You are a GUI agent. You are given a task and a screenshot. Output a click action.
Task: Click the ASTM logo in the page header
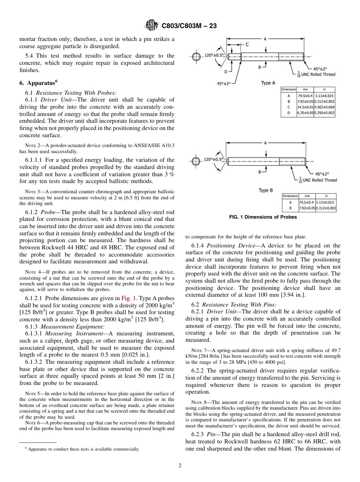152,26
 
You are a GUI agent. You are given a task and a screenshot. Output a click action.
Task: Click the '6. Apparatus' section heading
36,83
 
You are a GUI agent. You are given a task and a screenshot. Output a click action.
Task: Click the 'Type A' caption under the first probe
268,83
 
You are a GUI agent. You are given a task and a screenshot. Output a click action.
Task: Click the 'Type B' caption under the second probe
266,190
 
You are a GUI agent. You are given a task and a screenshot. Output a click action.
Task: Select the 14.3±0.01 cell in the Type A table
305,107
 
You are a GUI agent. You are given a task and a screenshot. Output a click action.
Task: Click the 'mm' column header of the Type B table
305,196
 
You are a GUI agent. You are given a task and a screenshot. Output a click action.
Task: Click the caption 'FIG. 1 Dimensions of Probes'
263,217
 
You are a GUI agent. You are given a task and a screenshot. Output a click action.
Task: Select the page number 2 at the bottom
180,466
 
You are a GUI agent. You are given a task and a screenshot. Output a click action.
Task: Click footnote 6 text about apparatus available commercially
80,449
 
